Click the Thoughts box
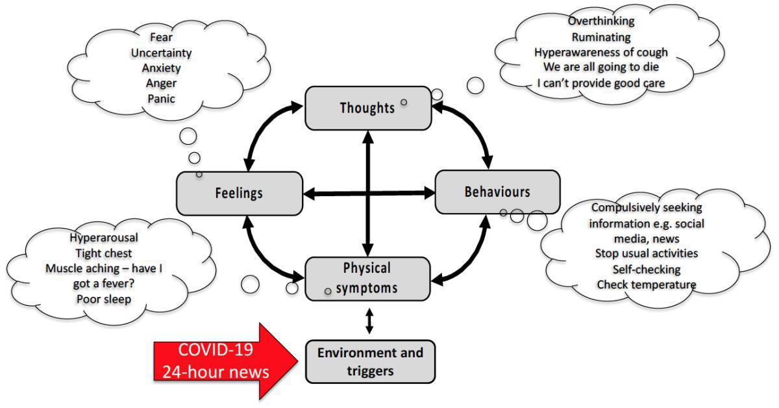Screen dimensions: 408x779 [368, 107]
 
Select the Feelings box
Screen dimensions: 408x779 [239, 193]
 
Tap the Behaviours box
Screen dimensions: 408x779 [497, 192]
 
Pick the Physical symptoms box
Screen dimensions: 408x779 [367, 278]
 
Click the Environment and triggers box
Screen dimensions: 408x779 [370, 362]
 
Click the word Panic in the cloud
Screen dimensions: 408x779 [161, 99]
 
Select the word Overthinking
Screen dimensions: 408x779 [601, 22]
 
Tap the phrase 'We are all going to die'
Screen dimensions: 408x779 [601, 68]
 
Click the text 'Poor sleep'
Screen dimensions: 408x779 [104, 299]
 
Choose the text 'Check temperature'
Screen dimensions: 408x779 [646, 285]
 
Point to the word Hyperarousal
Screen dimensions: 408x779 [104, 238]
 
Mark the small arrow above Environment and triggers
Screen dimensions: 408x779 [369, 321]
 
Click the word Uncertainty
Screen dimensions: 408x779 [161, 53]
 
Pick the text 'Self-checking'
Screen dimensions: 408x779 [646, 269]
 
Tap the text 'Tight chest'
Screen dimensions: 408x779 [104, 253]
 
